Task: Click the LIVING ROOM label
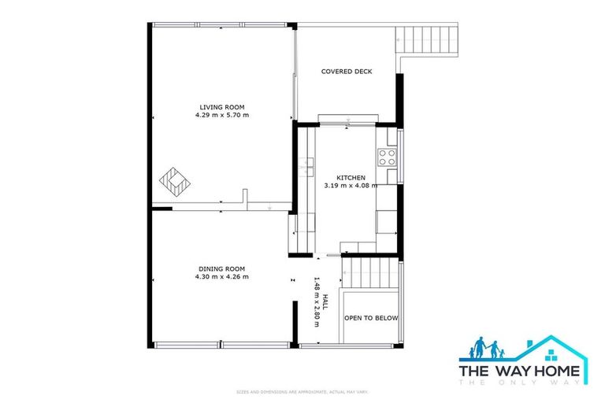point(222,107)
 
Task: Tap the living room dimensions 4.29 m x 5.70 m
point(222,115)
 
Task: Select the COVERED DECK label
point(347,72)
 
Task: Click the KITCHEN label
point(351,178)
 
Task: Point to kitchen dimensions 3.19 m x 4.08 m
point(351,186)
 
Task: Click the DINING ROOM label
point(221,268)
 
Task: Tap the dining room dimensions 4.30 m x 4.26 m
point(221,276)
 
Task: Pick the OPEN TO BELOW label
point(371,318)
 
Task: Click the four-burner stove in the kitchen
point(387,157)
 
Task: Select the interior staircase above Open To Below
point(373,275)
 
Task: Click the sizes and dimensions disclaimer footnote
point(302,391)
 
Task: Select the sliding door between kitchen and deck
point(347,120)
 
